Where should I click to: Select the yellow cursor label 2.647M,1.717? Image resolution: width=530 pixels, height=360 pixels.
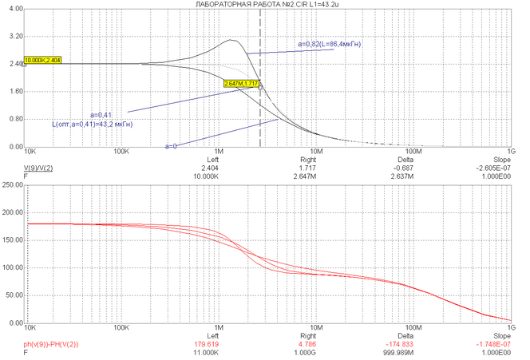243,83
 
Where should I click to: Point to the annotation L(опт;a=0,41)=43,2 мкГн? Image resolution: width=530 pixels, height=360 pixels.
93,125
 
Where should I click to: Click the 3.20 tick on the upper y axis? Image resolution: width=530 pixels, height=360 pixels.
12,37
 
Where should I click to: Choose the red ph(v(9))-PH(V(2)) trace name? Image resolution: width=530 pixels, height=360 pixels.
50,343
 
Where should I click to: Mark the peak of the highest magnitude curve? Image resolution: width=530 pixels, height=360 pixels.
231,40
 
